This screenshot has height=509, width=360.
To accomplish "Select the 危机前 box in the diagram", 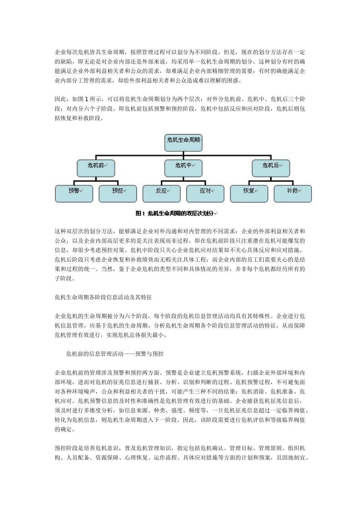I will tap(96, 168).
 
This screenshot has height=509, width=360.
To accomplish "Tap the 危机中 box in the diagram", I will tap(183, 168).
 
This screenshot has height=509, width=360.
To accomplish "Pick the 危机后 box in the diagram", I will tap(271, 168).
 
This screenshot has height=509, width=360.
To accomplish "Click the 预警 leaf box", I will tap(74, 194).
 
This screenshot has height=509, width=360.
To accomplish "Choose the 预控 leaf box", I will tap(118, 194).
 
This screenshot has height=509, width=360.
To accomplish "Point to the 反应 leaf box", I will tap(161, 194).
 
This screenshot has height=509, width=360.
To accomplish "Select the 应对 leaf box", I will tap(205, 194).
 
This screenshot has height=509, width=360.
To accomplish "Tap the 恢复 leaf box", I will tap(249, 194).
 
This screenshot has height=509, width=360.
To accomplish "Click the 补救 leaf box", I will tap(293, 194).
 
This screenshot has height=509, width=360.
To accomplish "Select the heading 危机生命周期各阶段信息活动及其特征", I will tap(103, 297).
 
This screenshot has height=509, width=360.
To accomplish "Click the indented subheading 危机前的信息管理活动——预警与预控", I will tap(115, 354).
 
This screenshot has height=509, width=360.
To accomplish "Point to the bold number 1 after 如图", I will tap(86, 99).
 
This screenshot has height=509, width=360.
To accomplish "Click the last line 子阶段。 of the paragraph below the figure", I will tap(65, 278).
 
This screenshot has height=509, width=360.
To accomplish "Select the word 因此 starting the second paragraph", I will tap(60, 99).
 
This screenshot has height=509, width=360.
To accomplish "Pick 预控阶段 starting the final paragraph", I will tap(66, 448).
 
